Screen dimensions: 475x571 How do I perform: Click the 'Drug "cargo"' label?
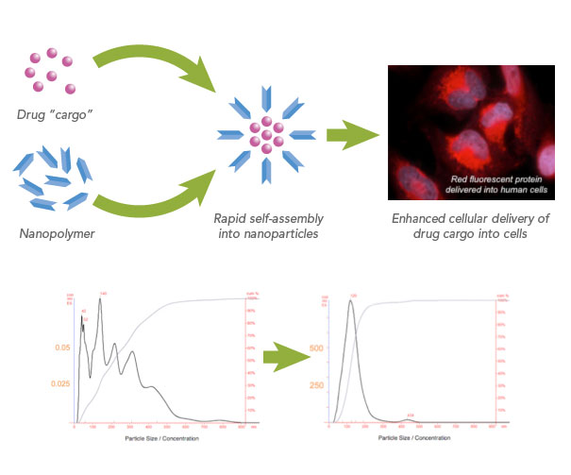coord(59,116)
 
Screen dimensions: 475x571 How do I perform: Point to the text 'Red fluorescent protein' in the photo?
coord(481,177)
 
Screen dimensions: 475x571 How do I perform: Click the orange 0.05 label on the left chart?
coord(61,348)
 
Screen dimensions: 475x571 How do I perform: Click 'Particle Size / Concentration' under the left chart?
coord(155,439)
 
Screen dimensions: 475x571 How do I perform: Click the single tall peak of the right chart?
coord(352,304)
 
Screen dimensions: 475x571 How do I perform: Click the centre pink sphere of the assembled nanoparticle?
coord(267,133)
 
